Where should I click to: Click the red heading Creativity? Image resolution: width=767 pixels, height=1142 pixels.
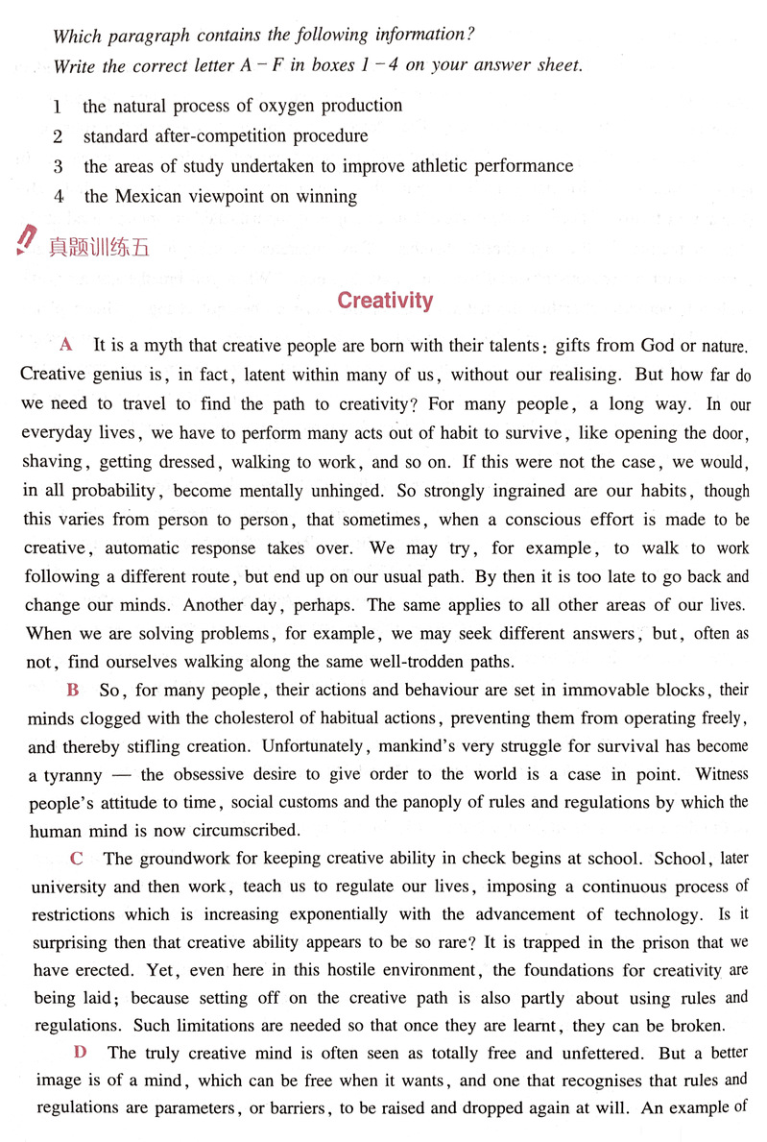pyautogui.click(x=385, y=301)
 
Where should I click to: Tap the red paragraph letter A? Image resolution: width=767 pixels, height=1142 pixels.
pyautogui.click(x=66, y=344)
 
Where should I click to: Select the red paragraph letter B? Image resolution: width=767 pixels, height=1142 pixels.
pyautogui.click(x=73, y=690)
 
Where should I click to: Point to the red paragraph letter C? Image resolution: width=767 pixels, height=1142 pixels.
pyautogui.click(x=77, y=859)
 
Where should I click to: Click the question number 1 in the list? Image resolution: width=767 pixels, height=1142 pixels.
pyautogui.click(x=58, y=107)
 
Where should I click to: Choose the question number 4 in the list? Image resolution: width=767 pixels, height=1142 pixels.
pyautogui.click(x=59, y=197)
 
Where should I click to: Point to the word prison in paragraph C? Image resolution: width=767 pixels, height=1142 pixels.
pyautogui.click(x=613, y=943)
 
